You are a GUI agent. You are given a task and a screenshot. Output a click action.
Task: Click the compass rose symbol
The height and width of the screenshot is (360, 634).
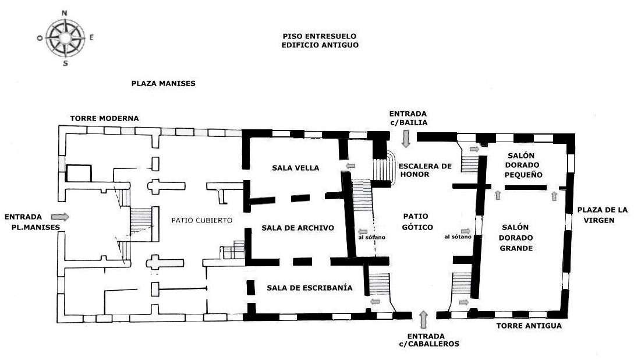[65, 37]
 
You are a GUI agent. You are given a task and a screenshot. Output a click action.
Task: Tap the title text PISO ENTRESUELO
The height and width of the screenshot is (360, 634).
[320, 36]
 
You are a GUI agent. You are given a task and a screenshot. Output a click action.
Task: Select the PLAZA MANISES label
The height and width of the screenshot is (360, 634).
[163, 83]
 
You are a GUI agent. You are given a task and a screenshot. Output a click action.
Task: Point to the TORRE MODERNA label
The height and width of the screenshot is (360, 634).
[105, 118]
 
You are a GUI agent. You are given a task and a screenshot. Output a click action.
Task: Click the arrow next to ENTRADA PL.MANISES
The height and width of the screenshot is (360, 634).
[60, 217]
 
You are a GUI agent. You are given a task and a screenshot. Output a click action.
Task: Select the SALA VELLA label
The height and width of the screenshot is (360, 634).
[296, 168]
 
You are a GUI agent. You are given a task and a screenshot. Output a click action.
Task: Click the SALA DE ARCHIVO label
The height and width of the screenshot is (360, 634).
[298, 228]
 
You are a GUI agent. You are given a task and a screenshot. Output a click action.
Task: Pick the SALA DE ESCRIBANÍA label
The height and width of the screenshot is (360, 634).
[310, 287]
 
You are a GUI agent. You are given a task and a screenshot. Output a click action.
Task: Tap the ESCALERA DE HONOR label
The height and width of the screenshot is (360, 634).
[425, 170]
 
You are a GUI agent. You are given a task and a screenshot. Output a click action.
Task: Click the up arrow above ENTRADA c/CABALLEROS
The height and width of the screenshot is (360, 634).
[424, 319]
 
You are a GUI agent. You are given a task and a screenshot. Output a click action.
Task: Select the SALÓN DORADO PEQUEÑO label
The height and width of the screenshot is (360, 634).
[524, 165]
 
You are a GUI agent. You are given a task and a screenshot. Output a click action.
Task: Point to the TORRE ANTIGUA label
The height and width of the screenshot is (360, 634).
[529, 326]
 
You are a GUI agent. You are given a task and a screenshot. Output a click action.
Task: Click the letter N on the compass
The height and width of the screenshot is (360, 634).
[64, 13]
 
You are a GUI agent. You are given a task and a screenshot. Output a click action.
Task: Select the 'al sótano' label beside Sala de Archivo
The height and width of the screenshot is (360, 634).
[367, 237]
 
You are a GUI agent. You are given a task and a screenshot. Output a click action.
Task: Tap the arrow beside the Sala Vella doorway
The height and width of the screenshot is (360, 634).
[351, 167]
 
